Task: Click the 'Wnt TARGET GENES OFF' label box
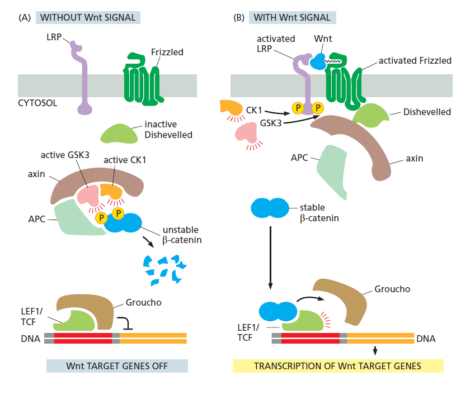click(x=115, y=366)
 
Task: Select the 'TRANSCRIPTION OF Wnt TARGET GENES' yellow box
click(x=338, y=366)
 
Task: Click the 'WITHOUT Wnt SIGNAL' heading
click(x=87, y=17)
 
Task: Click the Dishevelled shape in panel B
click(x=371, y=114)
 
